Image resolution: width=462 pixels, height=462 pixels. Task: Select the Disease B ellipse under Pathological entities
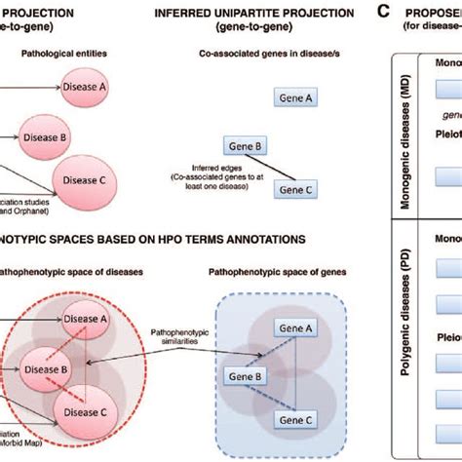coord(45,137)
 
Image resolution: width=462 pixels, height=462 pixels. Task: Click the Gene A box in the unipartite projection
coord(293,98)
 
